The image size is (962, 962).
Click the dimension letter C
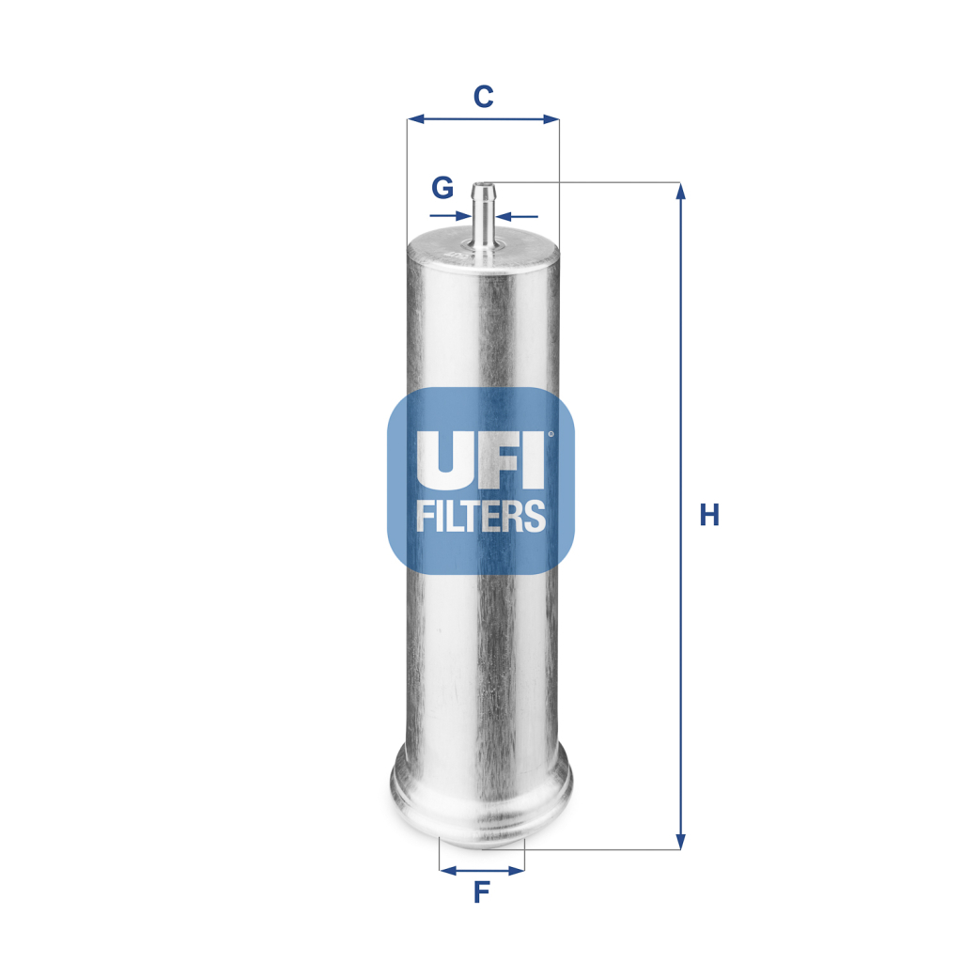coord(482,96)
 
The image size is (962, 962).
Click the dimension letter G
coord(442,188)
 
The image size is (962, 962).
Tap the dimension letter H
coord(709,515)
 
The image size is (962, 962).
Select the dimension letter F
coord(481,892)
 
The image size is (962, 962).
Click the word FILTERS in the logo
coord(480,516)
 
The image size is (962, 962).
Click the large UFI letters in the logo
coord(480,459)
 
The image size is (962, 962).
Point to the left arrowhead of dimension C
coord(414,119)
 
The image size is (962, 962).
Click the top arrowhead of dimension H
coord(681,190)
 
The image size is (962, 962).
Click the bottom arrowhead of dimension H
coord(681,842)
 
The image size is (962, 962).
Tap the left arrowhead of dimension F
coord(445,870)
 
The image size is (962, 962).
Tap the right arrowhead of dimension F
coord(518,870)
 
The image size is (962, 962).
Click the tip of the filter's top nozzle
coord(483,185)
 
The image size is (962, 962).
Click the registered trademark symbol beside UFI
coord(551,433)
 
